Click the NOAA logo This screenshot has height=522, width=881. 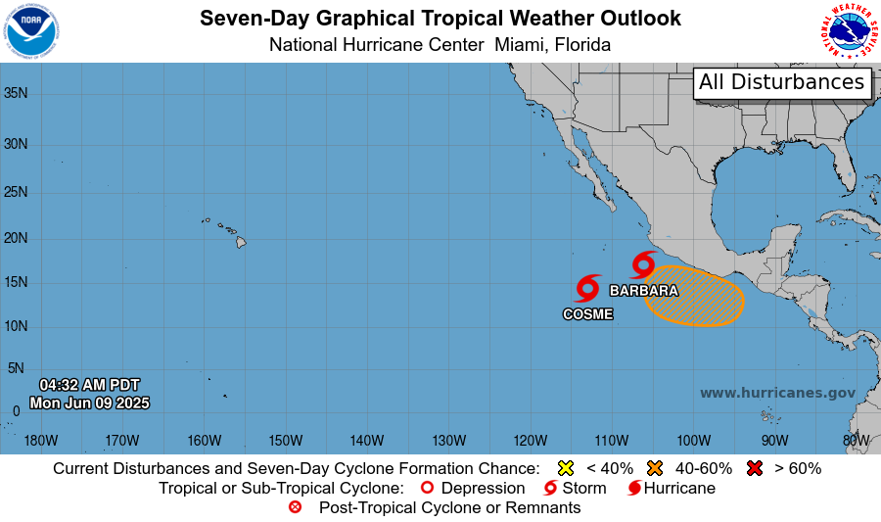pyautogui.click(x=31, y=31)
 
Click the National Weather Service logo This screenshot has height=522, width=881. pyautogui.click(x=847, y=31)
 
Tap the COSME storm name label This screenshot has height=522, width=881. pyautogui.click(x=588, y=314)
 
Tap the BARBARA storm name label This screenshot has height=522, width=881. pyautogui.click(x=643, y=291)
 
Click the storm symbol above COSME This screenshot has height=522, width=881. pyautogui.click(x=587, y=288)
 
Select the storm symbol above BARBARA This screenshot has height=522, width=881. pyautogui.click(x=643, y=264)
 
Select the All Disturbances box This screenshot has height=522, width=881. pyautogui.click(x=782, y=82)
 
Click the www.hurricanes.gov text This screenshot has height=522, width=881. pyautogui.click(x=777, y=393)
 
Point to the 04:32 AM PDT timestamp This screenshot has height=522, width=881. pyautogui.click(x=89, y=384)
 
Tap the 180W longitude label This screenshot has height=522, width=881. pyautogui.click(x=40, y=440)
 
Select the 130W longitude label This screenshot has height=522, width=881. pyautogui.click(x=447, y=440)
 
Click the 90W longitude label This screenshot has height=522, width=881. pyautogui.click(x=773, y=440)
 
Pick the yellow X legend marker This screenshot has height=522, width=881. pyautogui.click(x=565, y=468)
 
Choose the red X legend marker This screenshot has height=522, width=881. pyautogui.click(x=754, y=468)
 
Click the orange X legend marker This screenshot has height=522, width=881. pyautogui.click(x=655, y=468)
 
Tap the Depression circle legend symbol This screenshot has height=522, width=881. pyautogui.click(x=426, y=488)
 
